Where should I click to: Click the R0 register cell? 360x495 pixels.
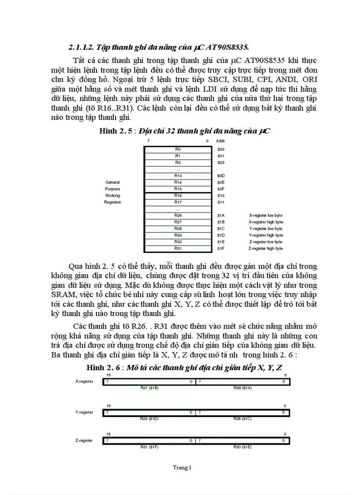(177, 149)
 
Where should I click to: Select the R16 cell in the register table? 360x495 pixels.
(177, 195)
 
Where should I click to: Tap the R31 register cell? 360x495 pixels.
(177, 249)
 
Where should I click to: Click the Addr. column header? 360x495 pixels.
(221, 141)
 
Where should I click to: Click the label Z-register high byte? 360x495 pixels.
(266, 249)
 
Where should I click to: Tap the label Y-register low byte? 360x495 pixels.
(266, 229)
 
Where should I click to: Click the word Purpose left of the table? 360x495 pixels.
(112, 189)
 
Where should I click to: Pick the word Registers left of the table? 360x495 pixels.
(112, 202)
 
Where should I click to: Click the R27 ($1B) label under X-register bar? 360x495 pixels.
(150, 388)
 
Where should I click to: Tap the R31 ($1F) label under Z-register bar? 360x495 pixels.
(150, 447)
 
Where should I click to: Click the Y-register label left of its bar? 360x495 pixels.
(84, 412)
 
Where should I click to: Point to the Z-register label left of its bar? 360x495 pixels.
(84, 441)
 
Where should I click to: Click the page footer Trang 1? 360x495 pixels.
(182, 468)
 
